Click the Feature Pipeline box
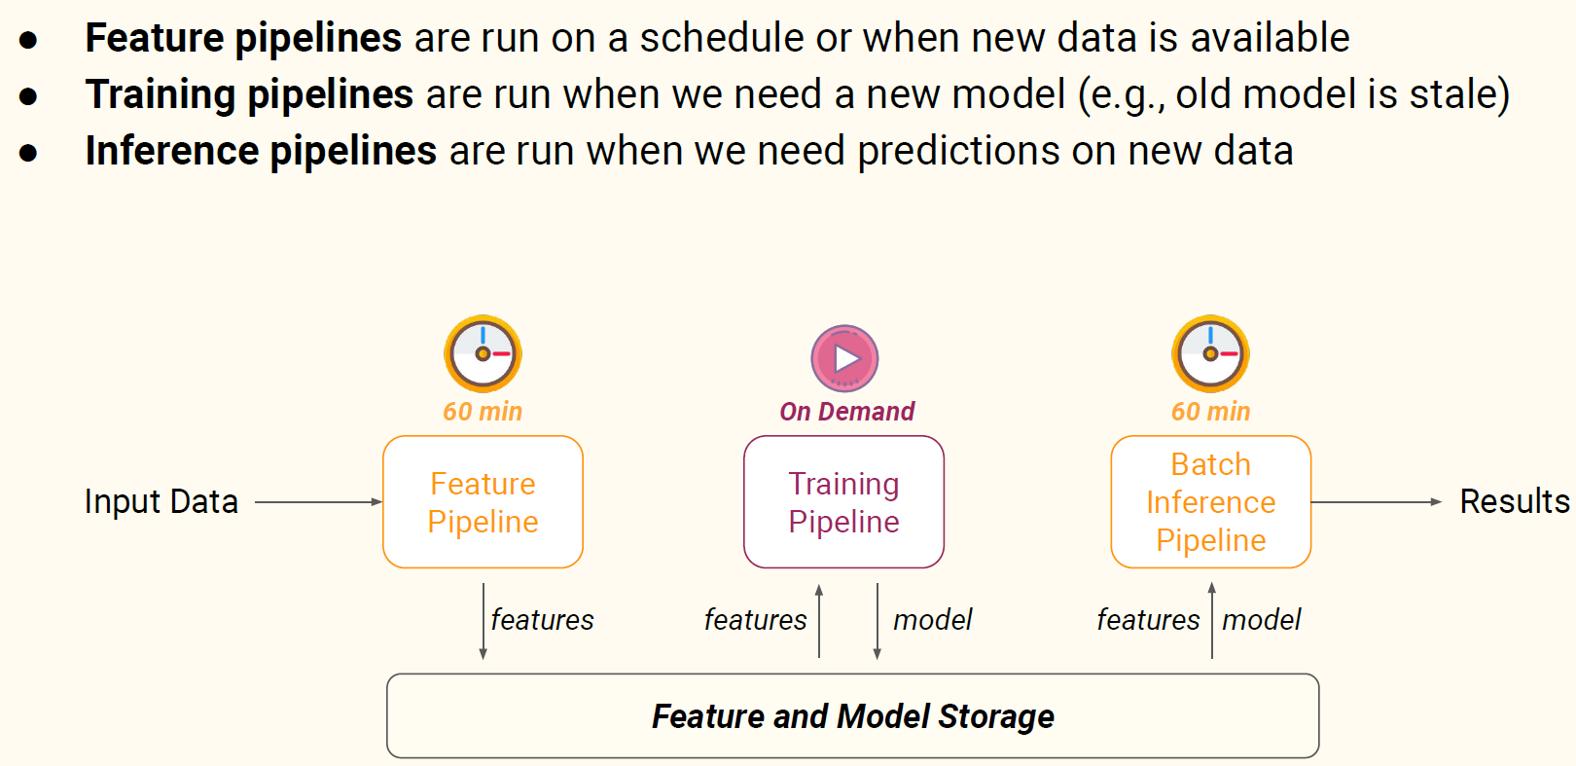(x=483, y=502)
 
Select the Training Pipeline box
(x=843, y=502)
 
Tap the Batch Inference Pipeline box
(x=1211, y=502)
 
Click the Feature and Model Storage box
(x=853, y=716)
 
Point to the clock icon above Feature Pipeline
(x=483, y=353)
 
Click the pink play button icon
(x=845, y=358)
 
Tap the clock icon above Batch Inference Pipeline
(x=1210, y=353)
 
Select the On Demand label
(x=846, y=411)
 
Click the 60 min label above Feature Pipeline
(x=483, y=411)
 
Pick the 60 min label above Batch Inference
(x=1211, y=411)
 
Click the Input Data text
(x=161, y=502)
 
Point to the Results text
(x=1514, y=502)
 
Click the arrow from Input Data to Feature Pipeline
(x=319, y=502)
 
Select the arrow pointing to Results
(x=1377, y=502)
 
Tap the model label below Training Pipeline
(x=932, y=620)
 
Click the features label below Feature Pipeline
(x=542, y=620)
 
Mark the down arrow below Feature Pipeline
(x=483, y=621)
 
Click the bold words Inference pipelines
(x=261, y=151)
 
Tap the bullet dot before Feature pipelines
(x=28, y=40)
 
